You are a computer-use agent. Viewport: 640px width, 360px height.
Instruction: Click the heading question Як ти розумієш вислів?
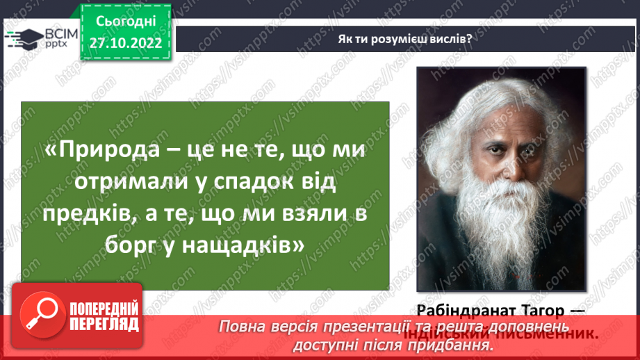pyautogui.click(x=404, y=39)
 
